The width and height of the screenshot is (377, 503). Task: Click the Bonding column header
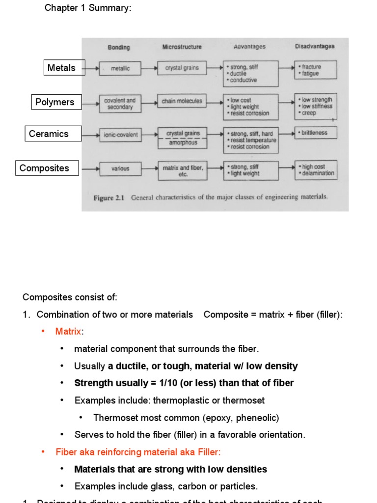pyautogui.click(x=119, y=47)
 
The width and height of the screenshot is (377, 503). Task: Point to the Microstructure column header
pyautogui.click(x=182, y=47)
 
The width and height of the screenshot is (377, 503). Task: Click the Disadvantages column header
pyautogui.click(x=315, y=46)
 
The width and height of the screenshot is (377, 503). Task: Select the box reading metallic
pyautogui.click(x=120, y=69)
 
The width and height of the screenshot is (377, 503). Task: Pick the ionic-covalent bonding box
pyautogui.click(x=120, y=135)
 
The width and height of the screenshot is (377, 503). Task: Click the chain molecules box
pyautogui.click(x=182, y=101)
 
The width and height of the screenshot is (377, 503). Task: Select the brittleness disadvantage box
pyautogui.click(x=315, y=133)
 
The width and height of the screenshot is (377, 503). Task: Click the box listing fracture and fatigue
pyautogui.click(x=315, y=70)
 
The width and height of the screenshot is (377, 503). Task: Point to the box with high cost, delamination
pyautogui.click(x=316, y=169)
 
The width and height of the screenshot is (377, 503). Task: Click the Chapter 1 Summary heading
pyautogui.click(x=88, y=8)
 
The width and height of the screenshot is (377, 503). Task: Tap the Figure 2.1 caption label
pyautogui.click(x=109, y=197)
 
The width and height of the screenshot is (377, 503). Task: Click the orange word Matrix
pyautogui.click(x=68, y=332)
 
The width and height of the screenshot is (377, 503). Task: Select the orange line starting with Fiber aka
pyautogui.click(x=138, y=452)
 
